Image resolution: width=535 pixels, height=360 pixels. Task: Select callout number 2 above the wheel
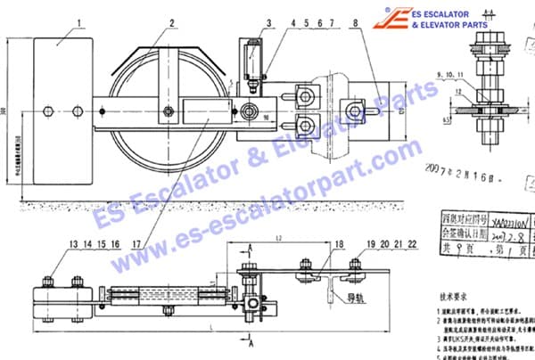tap(170, 19)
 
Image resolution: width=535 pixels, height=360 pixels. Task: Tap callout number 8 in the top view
tap(357, 19)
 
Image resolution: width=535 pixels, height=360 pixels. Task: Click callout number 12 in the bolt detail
tap(457, 91)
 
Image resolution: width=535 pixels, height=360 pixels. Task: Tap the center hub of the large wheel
tap(168, 111)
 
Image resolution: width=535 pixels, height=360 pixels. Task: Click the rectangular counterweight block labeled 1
tap(56, 111)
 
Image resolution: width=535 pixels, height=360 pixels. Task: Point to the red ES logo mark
tap(392, 19)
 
